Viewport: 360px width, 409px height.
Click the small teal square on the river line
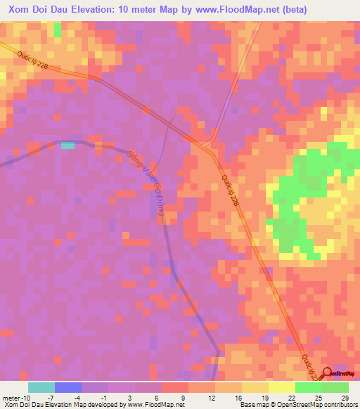67,145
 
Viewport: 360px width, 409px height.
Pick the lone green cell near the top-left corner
57,31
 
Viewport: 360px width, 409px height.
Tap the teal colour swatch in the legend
41,387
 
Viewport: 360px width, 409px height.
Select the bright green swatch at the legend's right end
335,387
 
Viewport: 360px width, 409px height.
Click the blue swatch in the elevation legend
67,387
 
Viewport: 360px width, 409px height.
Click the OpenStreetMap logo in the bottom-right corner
340,374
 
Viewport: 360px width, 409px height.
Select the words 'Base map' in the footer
252,405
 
